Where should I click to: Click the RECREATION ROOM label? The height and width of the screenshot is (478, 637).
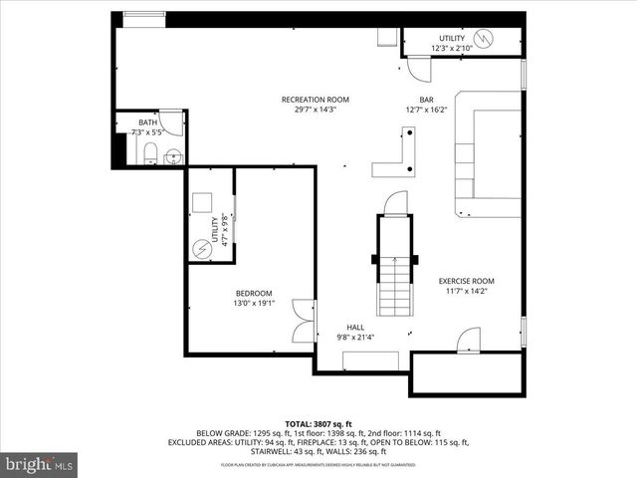coord(315,100)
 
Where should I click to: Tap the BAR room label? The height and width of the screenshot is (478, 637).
coord(426,100)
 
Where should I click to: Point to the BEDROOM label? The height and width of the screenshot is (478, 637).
coord(254,293)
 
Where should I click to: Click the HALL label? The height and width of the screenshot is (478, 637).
coord(355,327)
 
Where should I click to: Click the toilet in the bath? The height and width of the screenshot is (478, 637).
coord(149,153)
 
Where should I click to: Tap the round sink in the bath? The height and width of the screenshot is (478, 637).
coord(172,155)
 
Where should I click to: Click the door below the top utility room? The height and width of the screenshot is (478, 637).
coord(419,69)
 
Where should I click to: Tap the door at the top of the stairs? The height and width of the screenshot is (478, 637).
coord(396,202)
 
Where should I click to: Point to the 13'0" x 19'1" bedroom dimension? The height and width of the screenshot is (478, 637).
coord(253,303)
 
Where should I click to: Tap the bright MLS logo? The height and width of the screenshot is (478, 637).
coord(40,463)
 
